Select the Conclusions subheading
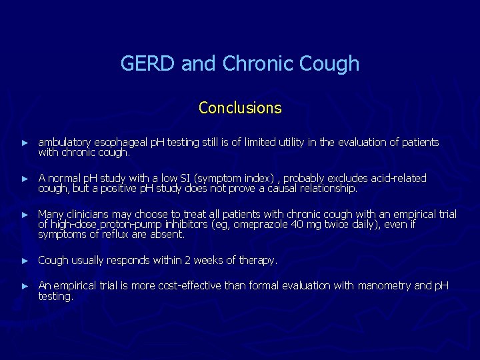[240, 107]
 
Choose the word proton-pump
[137, 225]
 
